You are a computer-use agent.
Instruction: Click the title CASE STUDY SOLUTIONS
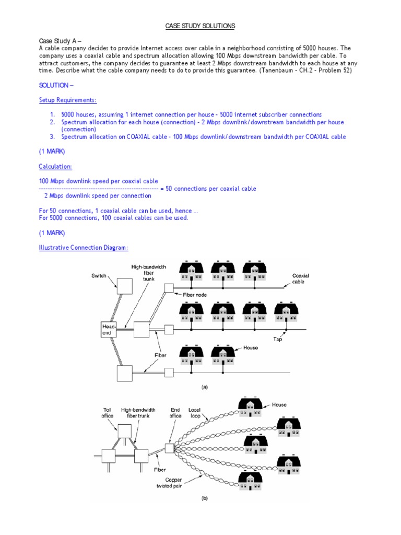pyautogui.click(x=200, y=26)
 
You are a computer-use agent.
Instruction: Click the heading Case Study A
pyautogui.click(x=60, y=41)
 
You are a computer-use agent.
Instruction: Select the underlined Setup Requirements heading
pyautogui.click(x=68, y=100)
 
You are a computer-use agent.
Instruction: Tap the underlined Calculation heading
pyautogui.click(x=55, y=166)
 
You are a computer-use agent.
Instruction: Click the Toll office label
pyautogui.click(x=107, y=413)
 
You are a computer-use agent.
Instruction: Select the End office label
pyautogui.click(x=175, y=413)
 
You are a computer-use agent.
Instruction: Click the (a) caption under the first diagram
pyautogui.click(x=205, y=387)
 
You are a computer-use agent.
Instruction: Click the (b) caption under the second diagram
pyautogui.click(x=205, y=498)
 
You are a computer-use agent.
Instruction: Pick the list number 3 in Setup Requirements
pyautogui.click(x=52, y=137)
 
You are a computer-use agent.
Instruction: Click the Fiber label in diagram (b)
pyautogui.click(x=160, y=469)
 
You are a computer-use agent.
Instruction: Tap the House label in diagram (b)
pyautogui.click(x=279, y=404)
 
